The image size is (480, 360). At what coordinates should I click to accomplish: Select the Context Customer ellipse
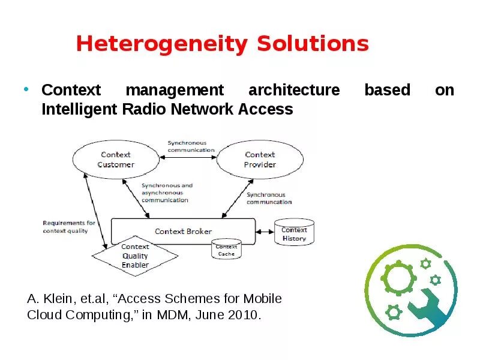pos(116,160)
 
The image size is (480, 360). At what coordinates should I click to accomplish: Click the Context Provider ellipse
pos(260,160)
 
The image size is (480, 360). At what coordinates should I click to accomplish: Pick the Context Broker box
pos(183,231)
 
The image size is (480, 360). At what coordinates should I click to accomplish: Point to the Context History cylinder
pos(294,233)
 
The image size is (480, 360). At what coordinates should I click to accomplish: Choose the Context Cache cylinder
pos(226,250)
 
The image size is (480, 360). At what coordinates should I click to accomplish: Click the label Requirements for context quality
pos(69,227)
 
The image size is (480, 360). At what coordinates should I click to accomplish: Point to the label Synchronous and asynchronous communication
pos(167,193)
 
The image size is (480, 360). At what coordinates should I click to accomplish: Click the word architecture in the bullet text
pos(293,91)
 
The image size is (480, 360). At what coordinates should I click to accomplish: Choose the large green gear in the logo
pos(397,278)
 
